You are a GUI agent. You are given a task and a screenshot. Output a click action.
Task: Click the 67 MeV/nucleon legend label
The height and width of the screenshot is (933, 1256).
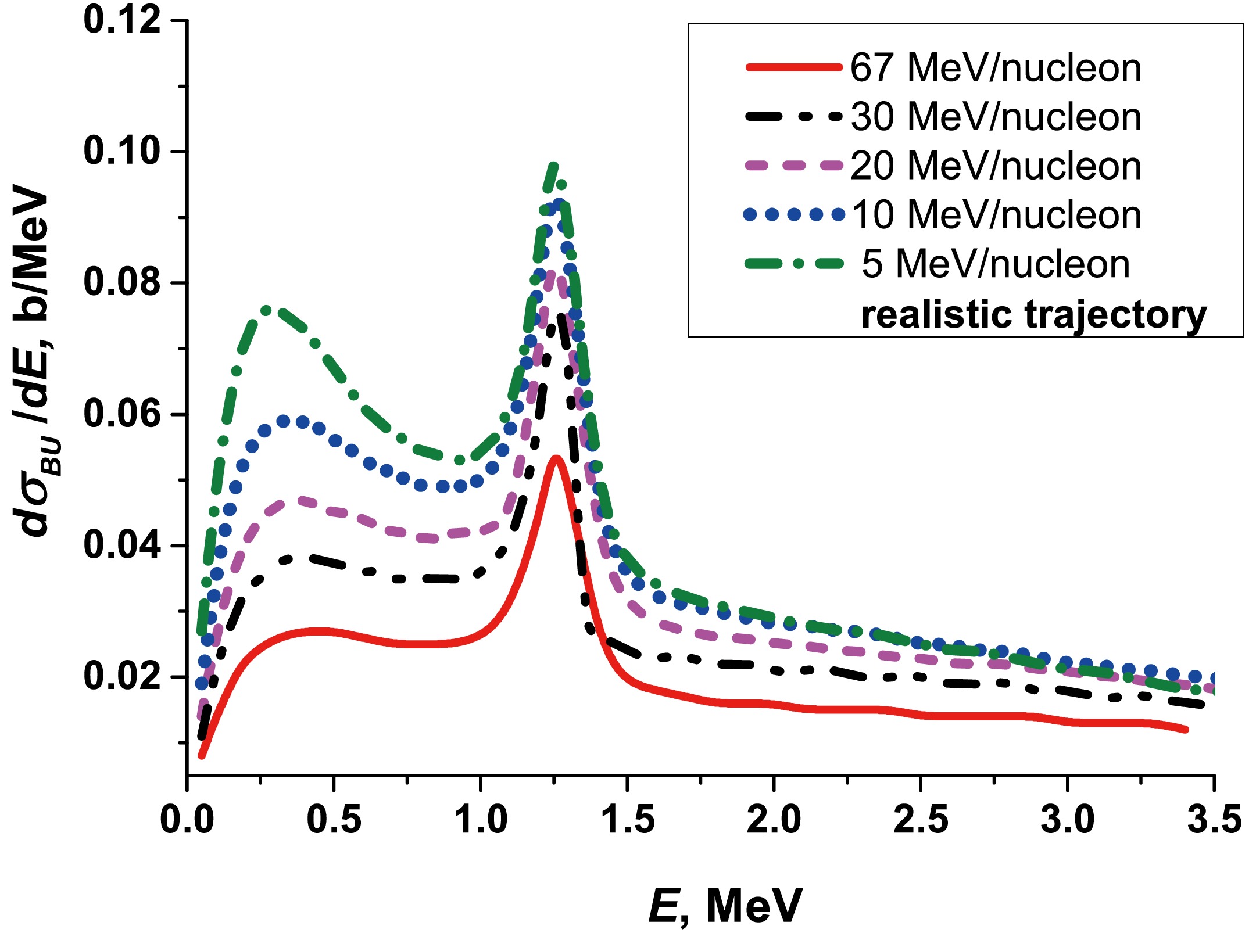click(995, 68)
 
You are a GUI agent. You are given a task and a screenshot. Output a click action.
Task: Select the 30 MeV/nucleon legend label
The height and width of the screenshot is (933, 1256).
click(995, 117)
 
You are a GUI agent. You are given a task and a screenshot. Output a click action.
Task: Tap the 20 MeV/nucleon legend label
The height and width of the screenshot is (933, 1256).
click(995, 166)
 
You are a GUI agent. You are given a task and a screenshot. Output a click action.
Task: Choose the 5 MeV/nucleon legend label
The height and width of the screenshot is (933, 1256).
click(995, 264)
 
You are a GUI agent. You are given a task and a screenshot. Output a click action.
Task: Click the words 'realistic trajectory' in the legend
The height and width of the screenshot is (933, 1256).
click(1033, 315)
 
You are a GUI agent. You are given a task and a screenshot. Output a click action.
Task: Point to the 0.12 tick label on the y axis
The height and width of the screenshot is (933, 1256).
click(122, 20)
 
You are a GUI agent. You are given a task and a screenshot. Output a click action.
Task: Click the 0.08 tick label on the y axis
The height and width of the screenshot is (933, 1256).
click(122, 282)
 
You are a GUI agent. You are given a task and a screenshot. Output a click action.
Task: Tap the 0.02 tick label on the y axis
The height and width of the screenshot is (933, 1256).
click(122, 677)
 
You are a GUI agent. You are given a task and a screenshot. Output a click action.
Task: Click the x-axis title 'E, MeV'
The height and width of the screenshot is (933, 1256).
click(725, 905)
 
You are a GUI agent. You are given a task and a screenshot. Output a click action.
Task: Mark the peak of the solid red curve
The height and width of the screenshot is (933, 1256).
click(556, 458)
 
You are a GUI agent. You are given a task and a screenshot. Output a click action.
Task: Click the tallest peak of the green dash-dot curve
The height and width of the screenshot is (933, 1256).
click(553, 167)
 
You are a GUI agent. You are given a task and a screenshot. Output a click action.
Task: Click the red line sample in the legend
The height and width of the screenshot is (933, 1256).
click(793, 68)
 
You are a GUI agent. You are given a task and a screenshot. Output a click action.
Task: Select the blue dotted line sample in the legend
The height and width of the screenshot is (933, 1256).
click(793, 215)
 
